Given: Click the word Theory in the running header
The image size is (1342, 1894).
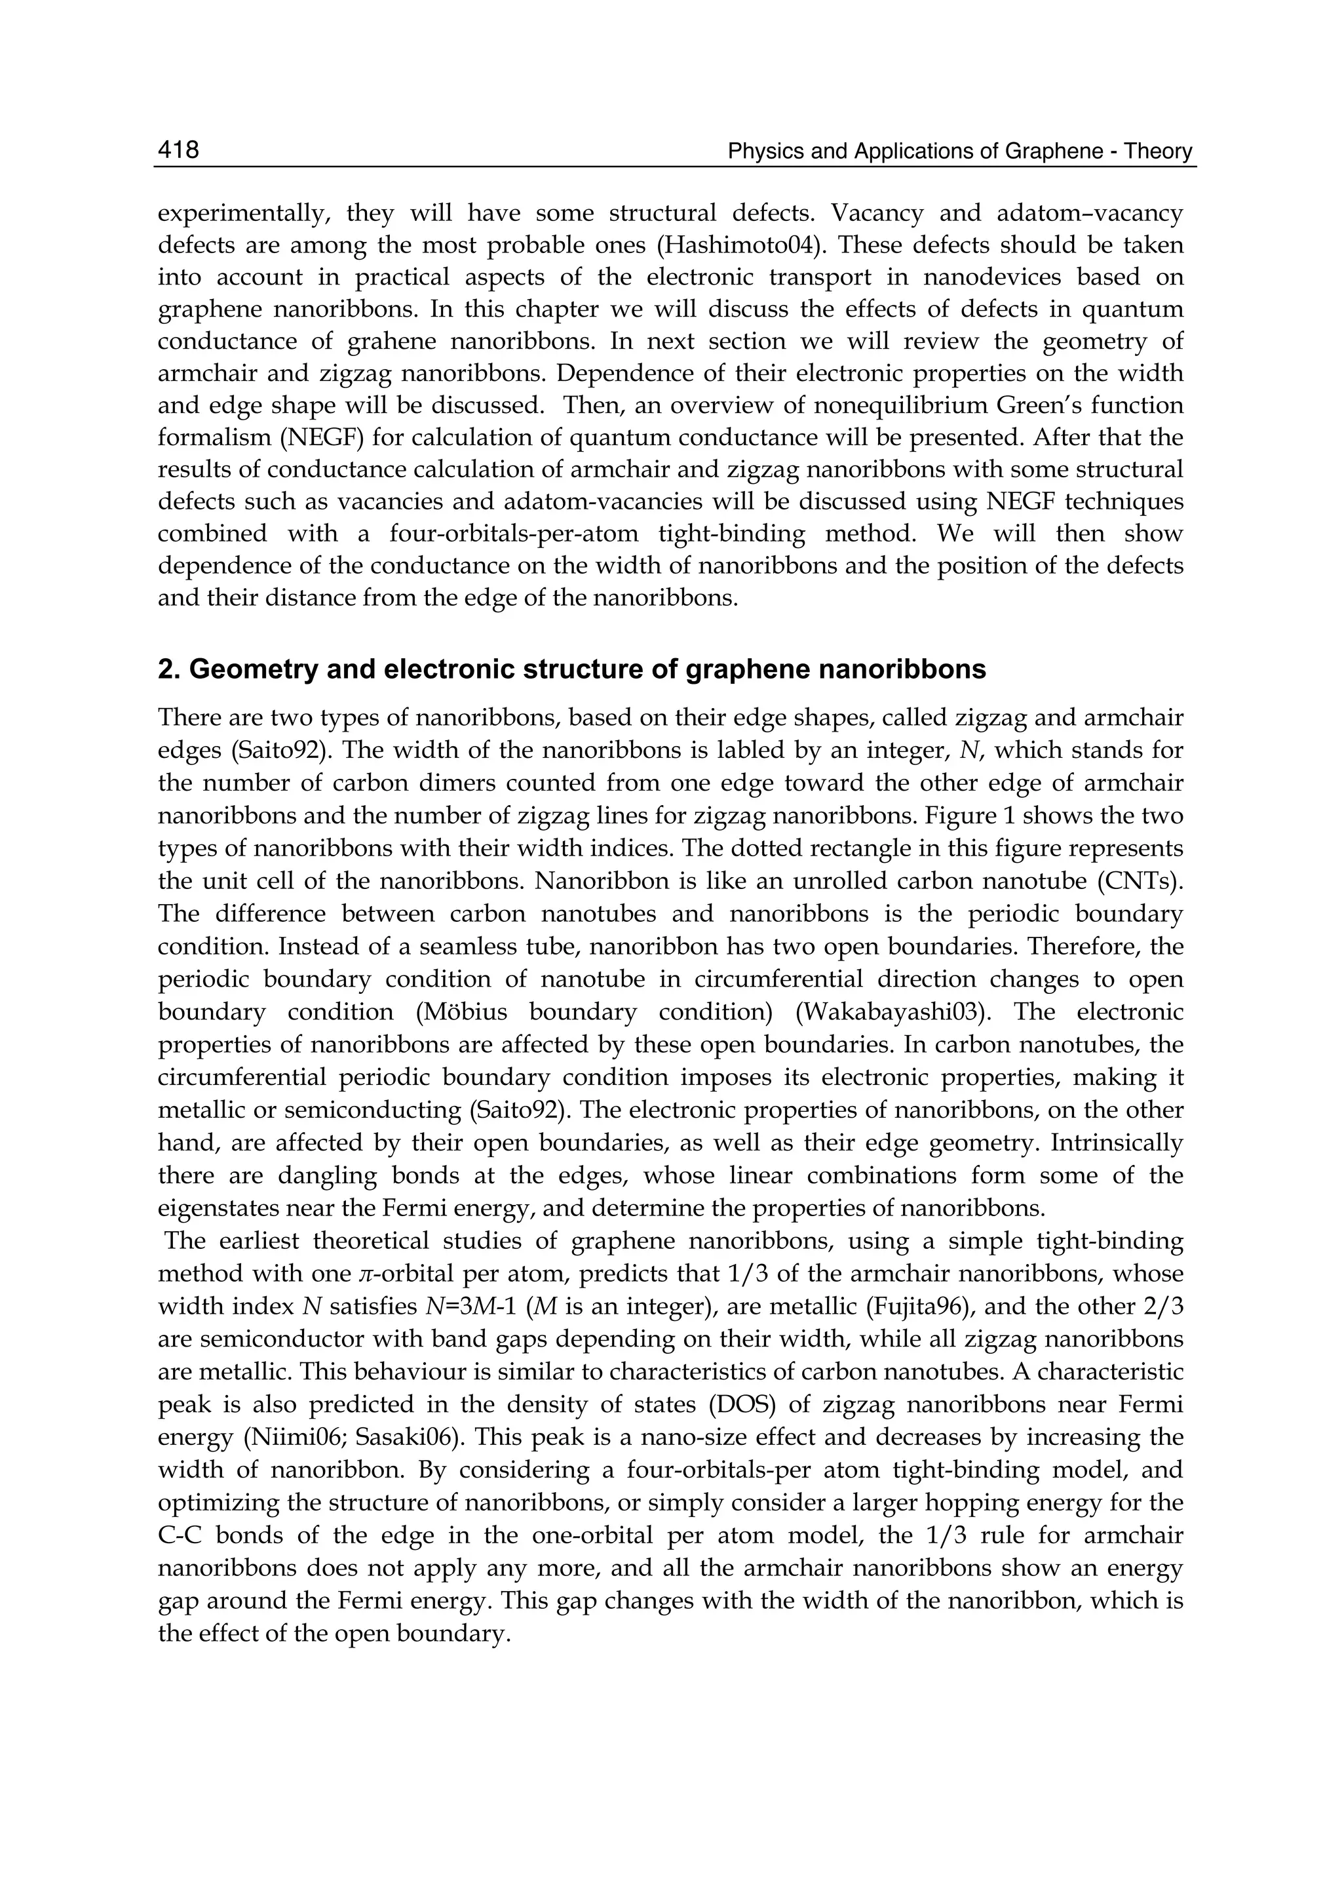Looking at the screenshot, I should tap(1159, 152).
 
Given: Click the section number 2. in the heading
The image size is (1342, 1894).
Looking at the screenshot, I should tap(168, 669).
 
